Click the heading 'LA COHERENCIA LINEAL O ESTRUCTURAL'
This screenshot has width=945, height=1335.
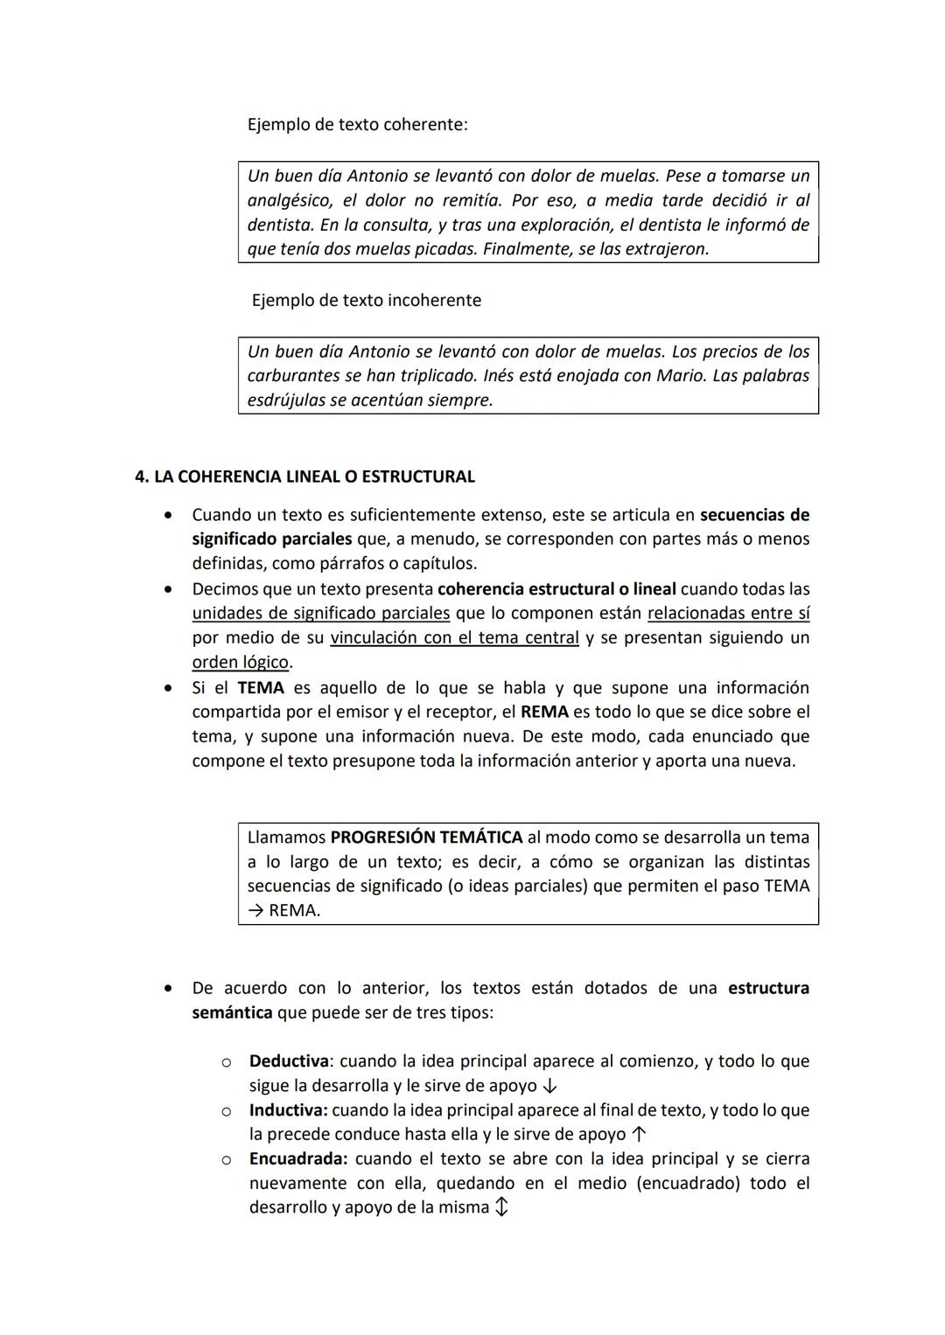click(314, 476)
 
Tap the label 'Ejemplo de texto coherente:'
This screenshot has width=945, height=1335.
click(357, 124)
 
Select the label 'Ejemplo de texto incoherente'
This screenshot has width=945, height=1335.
click(366, 300)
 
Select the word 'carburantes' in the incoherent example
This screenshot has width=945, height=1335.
click(293, 375)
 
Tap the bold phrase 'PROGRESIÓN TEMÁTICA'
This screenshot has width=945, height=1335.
click(426, 837)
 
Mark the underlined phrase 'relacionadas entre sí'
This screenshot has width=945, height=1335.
click(728, 613)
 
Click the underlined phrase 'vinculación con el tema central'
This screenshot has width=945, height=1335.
click(454, 637)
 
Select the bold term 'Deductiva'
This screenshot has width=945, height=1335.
click(289, 1060)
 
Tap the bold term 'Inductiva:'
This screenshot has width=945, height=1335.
click(288, 1109)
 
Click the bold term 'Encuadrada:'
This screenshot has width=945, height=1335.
click(298, 1158)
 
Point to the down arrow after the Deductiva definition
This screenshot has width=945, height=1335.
click(549, 1086)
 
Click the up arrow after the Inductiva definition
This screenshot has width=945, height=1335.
click(639, 1135)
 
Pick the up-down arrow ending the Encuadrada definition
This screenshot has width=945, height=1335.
click(501, 1208)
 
